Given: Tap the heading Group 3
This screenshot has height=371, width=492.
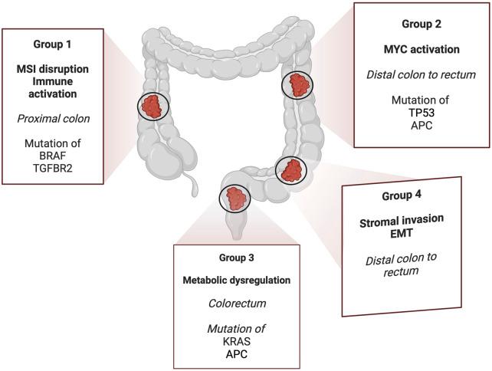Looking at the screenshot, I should point(231,258).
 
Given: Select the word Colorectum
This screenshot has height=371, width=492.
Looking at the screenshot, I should point(231,302).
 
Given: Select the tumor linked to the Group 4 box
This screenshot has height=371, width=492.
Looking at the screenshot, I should point(290,171).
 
